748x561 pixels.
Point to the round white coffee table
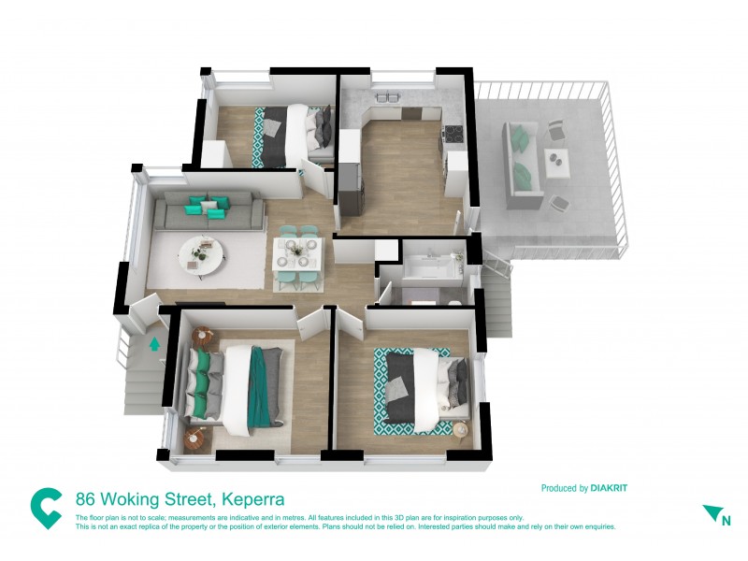click(x=199, y=252)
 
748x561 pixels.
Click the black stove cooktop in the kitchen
click(x=453, y=133)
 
